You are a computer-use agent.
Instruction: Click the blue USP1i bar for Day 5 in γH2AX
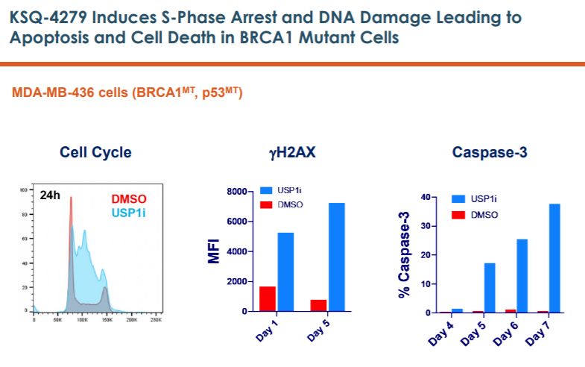click(337, 257)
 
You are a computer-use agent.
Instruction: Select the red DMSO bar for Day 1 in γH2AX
click(268, 298)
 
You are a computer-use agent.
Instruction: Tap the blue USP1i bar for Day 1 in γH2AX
click(285, 272)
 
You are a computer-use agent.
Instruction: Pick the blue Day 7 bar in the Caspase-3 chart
click(554, 258)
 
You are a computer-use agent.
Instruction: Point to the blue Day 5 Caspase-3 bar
click(490, 288)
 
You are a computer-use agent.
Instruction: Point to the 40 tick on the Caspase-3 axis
click(426, 197)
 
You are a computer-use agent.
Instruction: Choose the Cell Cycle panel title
click(95, 153)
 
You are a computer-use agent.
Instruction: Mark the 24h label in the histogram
click(51, 196)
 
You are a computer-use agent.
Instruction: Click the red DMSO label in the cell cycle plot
click(129, 199)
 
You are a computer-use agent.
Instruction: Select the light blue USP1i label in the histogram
click(129, 213)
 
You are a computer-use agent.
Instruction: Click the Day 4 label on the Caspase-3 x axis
click(442, 333)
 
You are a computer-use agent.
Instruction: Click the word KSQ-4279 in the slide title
click(44, 16)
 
